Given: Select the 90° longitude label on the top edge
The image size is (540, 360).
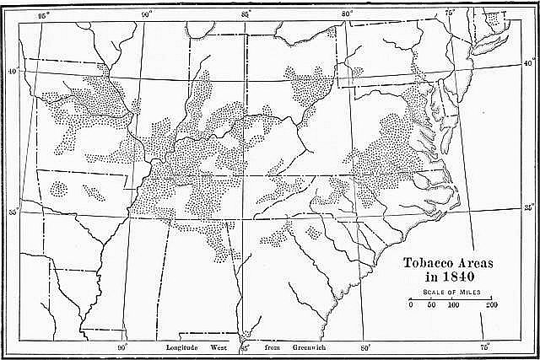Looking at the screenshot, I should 146,14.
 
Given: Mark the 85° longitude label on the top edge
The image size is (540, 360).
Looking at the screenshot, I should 246,14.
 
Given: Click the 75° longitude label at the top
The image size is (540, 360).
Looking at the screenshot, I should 450,14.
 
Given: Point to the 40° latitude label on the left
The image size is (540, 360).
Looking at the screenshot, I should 13,72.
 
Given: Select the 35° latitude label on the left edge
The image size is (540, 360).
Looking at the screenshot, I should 13,212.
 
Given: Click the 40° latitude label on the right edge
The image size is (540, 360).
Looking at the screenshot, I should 528,63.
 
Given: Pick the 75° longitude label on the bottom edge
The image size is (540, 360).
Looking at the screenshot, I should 485,347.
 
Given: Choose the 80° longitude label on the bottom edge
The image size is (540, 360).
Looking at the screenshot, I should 364,347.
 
